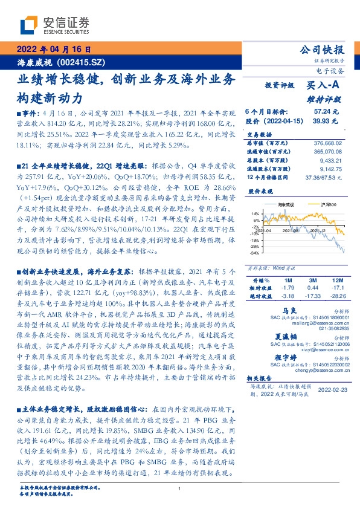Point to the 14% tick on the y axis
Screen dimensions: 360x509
point(255,214)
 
